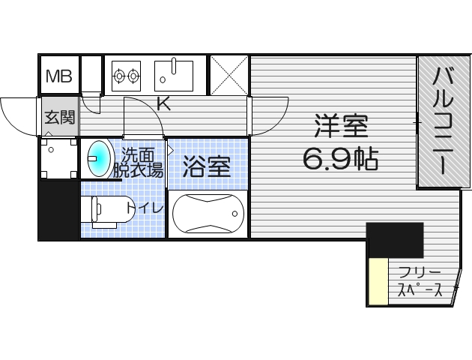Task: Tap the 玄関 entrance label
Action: point(58,118)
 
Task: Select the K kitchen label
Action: point(163,104)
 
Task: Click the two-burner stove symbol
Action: point(127,75)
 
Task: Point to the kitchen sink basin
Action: point(175,74)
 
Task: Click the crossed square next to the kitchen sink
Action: point(229,75)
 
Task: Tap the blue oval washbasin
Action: point(99,157)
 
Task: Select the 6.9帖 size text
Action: point(340,158)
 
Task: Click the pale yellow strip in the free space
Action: point(378,281)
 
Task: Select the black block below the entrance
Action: point(59,211)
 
